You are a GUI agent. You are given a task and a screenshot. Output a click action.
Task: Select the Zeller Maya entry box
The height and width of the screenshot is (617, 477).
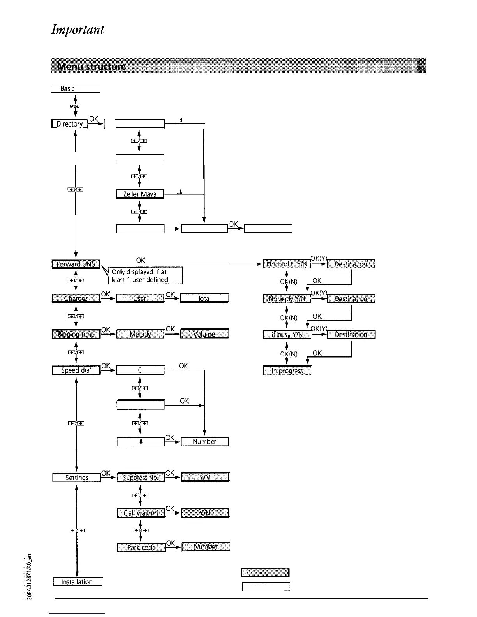pos(140,194)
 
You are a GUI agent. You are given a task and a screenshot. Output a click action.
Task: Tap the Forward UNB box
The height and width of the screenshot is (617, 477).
pos(76,264)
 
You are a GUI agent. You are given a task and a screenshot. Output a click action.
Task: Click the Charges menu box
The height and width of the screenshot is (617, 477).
pos(76,299)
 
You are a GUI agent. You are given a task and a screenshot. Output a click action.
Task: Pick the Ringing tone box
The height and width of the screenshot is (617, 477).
pos(76,334)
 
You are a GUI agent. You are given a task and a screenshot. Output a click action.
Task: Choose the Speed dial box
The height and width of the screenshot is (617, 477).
pos(76,370)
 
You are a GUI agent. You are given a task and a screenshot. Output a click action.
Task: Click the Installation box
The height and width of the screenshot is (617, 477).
pos(77,582)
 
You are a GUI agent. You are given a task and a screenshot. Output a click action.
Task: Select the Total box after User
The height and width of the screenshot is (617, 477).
pos(204,299)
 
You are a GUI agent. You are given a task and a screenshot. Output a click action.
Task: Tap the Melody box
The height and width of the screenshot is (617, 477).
pos(140,334)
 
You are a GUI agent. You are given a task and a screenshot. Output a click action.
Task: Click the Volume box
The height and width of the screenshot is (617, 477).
pos(204,334)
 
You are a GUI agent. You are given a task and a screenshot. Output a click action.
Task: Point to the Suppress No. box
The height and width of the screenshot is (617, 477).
pos(141,478)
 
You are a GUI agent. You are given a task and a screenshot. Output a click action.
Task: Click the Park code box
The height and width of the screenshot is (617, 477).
pos(141,547)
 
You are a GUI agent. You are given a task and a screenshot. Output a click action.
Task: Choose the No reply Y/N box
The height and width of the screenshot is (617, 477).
pos(287,299)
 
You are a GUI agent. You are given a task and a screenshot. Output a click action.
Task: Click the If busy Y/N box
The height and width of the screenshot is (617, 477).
pos(287,334)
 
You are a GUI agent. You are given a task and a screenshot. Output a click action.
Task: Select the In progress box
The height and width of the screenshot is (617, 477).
pos(287,370)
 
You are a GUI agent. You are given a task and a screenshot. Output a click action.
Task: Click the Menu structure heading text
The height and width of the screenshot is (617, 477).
pos(92,66)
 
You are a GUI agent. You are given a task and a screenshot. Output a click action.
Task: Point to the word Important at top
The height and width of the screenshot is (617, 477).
pos(78,30)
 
